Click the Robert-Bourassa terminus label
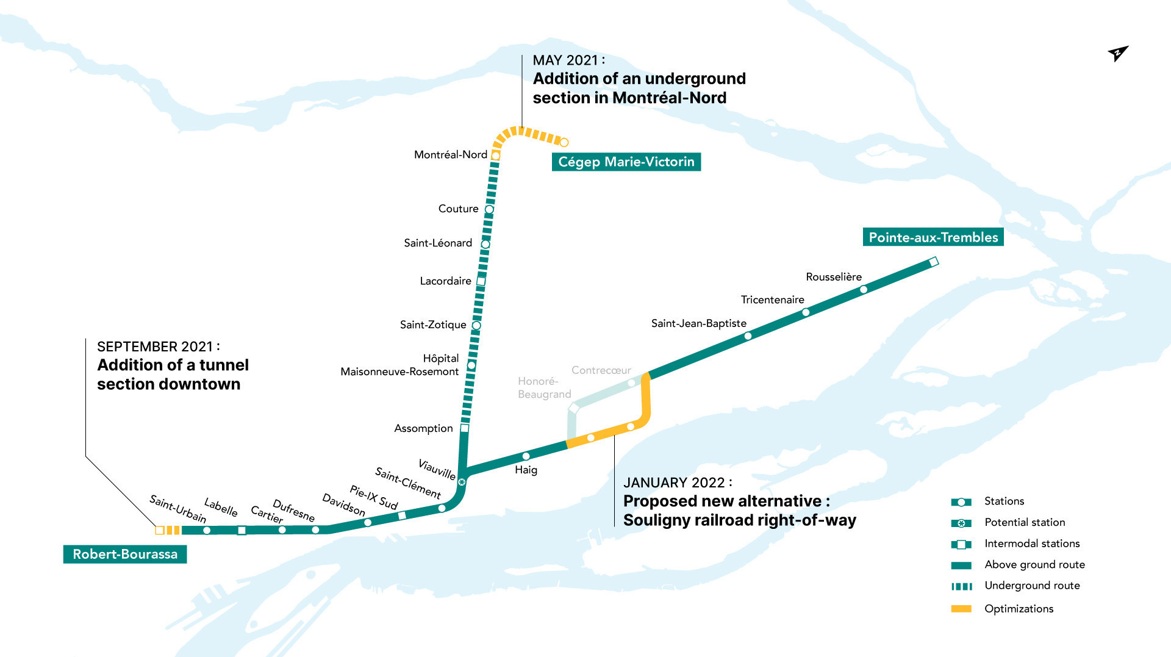(x=125, y=554)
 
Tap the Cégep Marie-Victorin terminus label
(x=626, y=162)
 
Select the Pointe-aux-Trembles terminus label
(x=933, y=237)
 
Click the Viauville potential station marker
(x=462, y=482)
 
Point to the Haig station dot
(x=526, y=456)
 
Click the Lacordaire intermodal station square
(x=481, y=281)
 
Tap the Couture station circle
(x=489, y=209)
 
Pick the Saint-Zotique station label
(x=433, y=325)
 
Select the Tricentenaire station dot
(x=806, y=312)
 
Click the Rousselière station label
(x=834, y=277)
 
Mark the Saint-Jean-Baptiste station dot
(x=748, y=336)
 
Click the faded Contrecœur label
(x=601, y=370)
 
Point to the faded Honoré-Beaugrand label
(x=544, y=387)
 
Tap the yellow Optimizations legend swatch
(x=961, y=609)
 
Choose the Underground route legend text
(x=1032, y=586)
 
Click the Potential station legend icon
(x=961, y=523)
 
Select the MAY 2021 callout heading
(x=568, y=60)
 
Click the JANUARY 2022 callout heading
(x=677, y=483)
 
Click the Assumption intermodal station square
(x=465, y=428)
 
